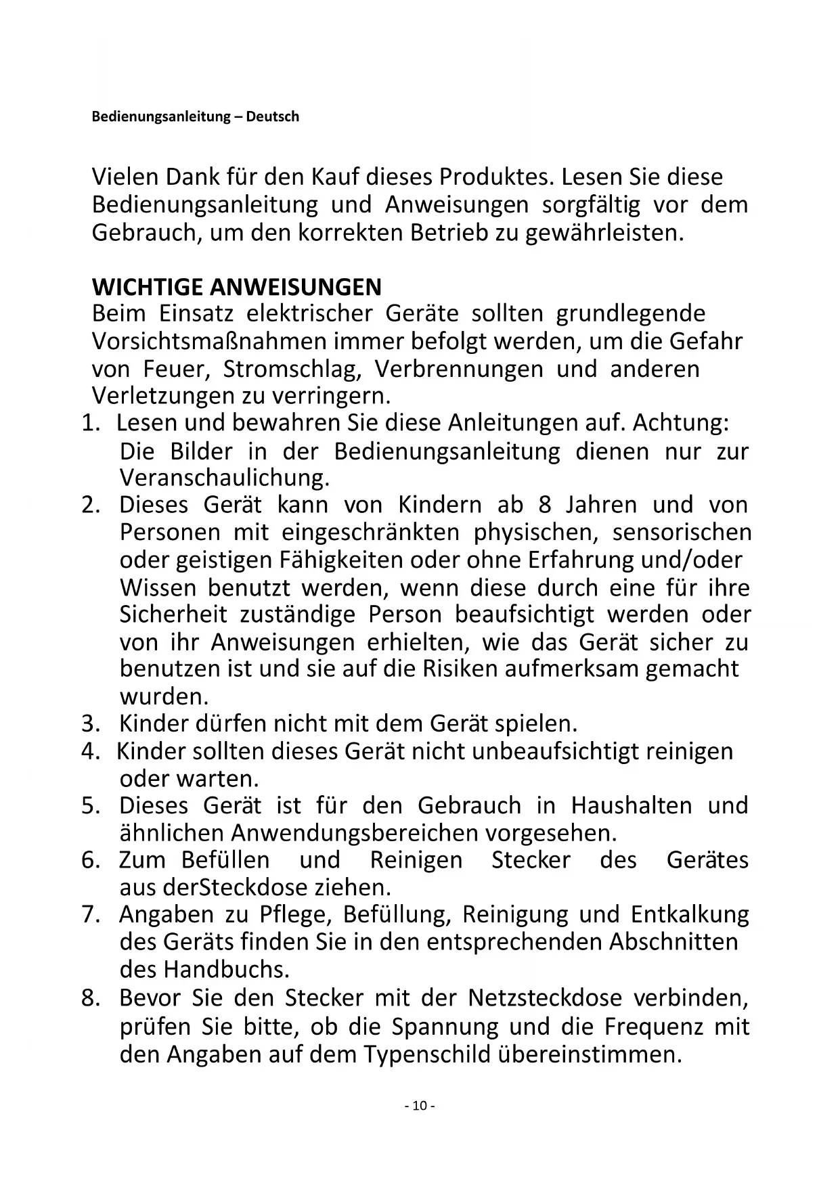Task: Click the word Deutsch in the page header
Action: click(x=272, y=116)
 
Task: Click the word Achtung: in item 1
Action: click(x=682, y=423)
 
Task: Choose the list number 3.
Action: click(x=90, y=724)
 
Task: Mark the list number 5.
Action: click(x=90, y=806)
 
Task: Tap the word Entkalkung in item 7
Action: click(x=690, y=914)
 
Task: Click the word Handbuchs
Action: click(x=225, y=970)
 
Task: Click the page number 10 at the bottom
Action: click(x=420, y=1106)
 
